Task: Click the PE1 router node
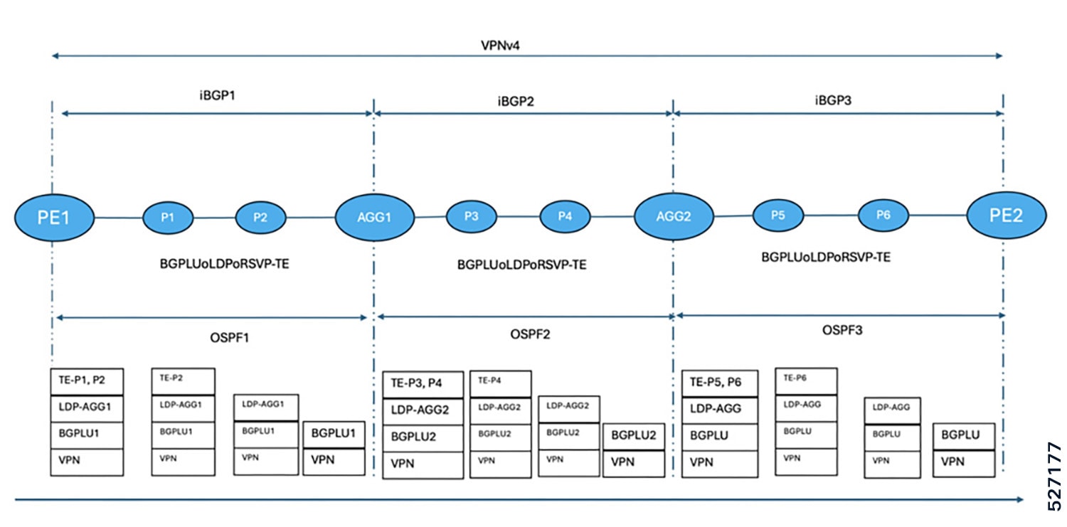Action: (54, 218)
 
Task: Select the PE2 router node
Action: (1007, 215)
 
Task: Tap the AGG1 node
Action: (374, 217)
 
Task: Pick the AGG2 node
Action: (674, 216)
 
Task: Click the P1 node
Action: (168, 218)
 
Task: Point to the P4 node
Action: (565, 217)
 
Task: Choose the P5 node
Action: (778, 215)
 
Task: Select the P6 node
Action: (883, 215)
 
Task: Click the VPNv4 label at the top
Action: (500, 46)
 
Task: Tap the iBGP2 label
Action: (516, 102)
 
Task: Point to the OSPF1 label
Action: (230, 338)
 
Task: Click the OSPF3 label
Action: (842, 330)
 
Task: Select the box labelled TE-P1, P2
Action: (87, 381)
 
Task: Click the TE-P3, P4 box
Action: (423, 384)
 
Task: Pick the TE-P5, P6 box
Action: (720, 383)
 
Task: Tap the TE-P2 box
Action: (183, 381)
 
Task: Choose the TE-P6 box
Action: (806, 381)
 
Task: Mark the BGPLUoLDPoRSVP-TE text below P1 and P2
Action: (224, 264)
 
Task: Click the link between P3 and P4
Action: (519, 217)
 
